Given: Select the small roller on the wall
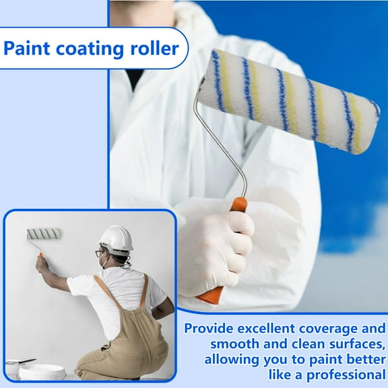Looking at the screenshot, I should [44, 234].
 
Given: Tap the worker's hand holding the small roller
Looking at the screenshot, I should [42, 262].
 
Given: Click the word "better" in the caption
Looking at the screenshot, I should [360, 359].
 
